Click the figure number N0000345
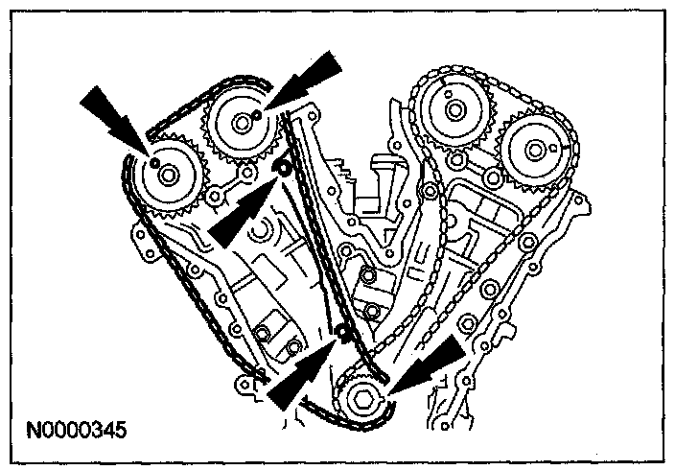pos(81,423)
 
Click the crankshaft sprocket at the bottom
pos(362,402)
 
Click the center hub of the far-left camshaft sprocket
pos(168,176)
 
